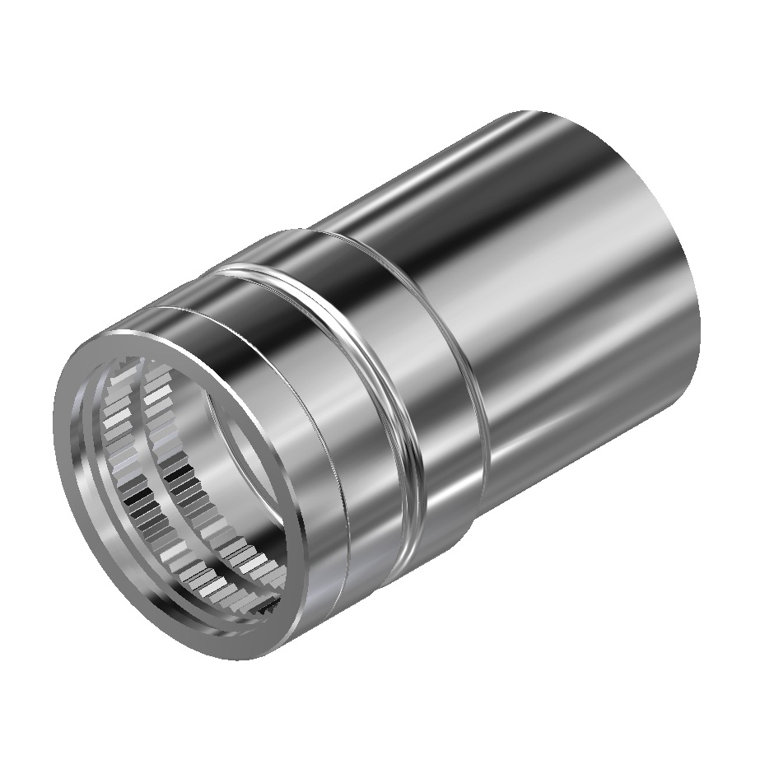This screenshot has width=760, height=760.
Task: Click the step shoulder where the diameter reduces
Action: click(473, 395)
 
